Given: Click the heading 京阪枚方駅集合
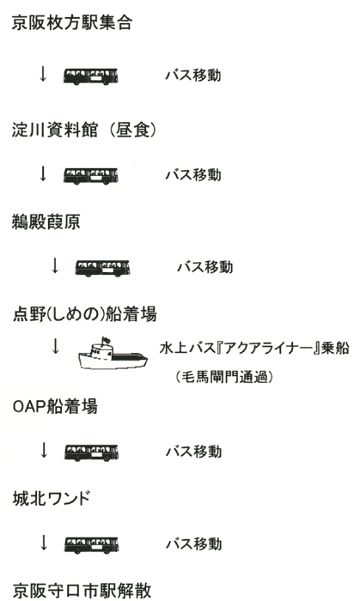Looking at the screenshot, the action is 72,22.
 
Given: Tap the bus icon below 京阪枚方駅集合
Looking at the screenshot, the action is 90,76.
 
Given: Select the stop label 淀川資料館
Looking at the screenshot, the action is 54,130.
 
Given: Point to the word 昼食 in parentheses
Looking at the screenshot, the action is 132,130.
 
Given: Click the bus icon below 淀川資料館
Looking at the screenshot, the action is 90,175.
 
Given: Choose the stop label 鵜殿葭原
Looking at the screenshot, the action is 46,222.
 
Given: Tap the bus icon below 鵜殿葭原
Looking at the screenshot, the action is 102,268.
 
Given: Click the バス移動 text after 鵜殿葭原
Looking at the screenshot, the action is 204,267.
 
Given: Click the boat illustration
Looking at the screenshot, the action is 113,354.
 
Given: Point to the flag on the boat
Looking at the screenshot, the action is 106,340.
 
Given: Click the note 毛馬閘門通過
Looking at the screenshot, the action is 224,377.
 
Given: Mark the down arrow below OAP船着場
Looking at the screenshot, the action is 44,451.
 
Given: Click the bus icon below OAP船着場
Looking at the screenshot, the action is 91,452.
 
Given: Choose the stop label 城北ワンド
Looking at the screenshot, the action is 51,499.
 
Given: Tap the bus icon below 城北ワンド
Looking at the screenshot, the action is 91,545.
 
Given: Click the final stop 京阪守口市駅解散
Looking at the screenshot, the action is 82,591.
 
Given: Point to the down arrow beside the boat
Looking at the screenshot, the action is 56,346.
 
